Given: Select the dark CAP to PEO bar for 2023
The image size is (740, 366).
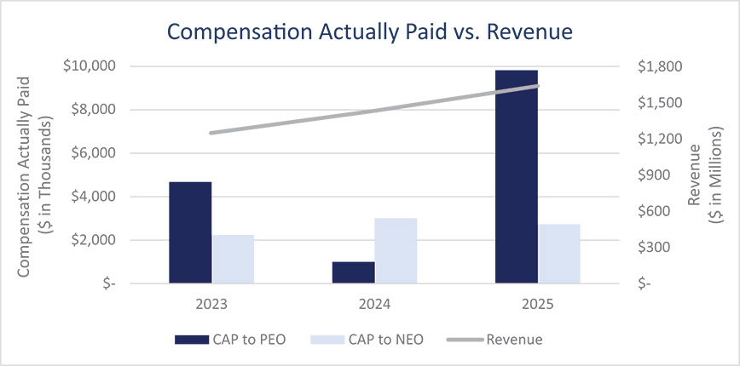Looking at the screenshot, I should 190,232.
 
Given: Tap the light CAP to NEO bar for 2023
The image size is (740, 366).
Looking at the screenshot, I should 233,259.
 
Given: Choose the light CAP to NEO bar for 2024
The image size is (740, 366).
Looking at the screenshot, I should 396,250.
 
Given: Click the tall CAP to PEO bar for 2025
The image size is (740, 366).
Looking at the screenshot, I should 517,176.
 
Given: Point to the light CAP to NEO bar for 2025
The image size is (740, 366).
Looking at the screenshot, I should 559,254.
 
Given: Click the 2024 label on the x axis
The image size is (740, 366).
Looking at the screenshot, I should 374,302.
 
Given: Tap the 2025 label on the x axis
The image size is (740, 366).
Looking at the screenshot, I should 538,302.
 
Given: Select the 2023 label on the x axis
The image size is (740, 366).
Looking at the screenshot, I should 211,302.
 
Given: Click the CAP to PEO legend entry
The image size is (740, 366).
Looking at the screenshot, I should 229,340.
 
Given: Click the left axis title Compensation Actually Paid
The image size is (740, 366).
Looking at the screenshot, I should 26,175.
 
